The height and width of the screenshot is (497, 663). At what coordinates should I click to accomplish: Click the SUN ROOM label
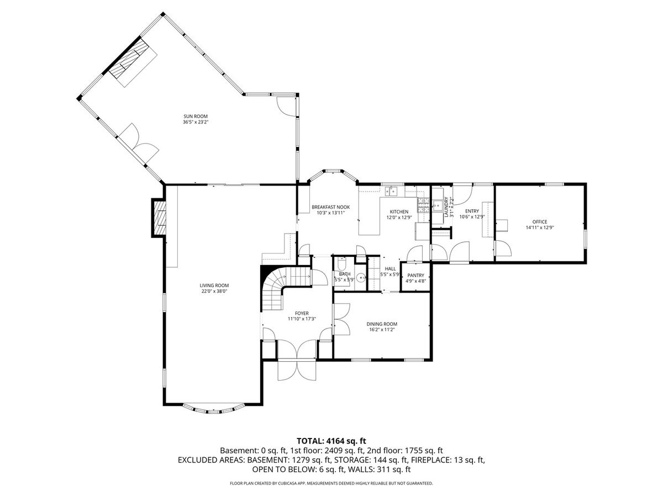(196, 116)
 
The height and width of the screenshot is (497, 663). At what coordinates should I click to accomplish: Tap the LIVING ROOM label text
(214, 285)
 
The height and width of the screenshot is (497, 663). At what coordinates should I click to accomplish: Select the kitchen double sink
(391, 192)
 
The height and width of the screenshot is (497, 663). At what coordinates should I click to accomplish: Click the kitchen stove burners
(423, 205)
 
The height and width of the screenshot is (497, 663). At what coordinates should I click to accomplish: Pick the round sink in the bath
(360, 277)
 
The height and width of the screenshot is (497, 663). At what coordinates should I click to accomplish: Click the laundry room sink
(437, 205)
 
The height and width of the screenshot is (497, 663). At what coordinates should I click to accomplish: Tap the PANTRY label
(415, 275)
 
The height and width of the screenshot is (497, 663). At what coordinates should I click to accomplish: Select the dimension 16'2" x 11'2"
(382, 330)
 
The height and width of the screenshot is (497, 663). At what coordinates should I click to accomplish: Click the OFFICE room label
(540, 222)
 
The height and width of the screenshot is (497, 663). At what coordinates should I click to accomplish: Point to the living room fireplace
(159, 218)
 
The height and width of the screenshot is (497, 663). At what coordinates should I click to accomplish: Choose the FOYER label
(302, 314)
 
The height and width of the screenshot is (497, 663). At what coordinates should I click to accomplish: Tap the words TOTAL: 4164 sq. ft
(331, 441)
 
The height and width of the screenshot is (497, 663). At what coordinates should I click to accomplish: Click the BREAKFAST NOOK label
(331, 207)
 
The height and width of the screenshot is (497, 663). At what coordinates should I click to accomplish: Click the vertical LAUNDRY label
(446, 207)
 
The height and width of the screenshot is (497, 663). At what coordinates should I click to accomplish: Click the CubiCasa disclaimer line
(331, 483)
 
